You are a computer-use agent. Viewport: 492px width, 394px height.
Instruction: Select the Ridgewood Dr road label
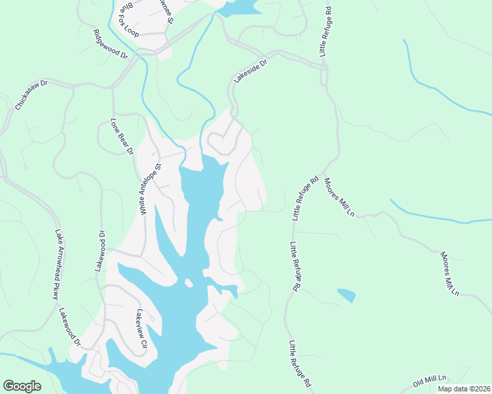(x=110, y=45)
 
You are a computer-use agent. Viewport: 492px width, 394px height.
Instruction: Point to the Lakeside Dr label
(x=251, y=72)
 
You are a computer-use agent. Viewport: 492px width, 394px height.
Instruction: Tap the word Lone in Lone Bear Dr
(x=115, y=124)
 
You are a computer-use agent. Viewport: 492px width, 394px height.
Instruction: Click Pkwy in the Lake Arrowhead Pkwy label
(x=55, y=290)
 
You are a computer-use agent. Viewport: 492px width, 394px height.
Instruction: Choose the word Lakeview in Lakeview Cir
(x=140, y=322)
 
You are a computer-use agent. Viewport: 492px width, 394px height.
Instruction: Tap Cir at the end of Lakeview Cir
(x=145, y=343)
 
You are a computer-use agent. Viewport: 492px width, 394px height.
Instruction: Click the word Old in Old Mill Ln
(x=419, y=383)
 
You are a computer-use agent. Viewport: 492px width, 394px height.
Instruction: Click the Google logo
(x=22, y=386)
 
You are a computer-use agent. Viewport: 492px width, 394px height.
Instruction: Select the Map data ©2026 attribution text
(x=463, y=389)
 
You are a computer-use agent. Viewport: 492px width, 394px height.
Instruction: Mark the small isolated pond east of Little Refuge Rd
(x=346, y=295)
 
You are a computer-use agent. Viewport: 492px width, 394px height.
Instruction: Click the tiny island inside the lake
(x=189, y=283)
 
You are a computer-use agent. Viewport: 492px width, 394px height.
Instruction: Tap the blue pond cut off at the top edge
(x=239, y=7)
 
